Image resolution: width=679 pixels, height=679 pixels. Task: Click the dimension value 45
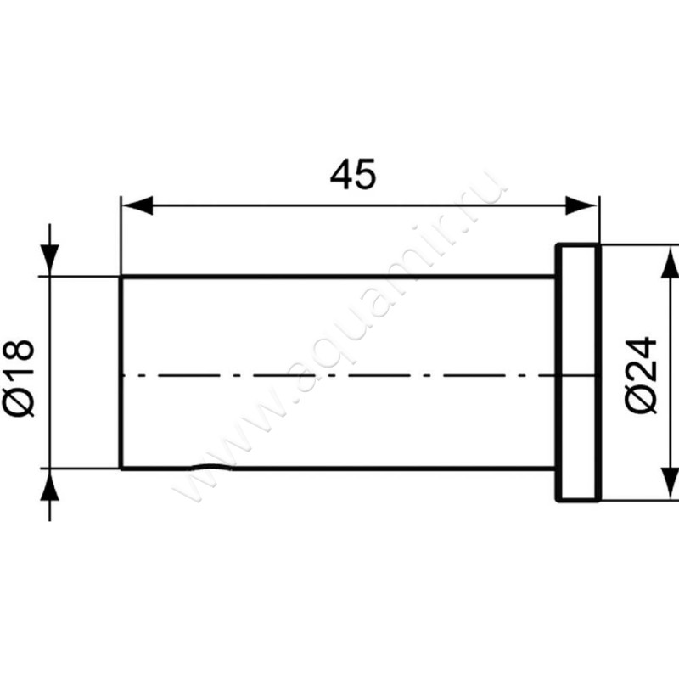point(352,176)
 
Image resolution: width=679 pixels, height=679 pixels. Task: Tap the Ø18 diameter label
point(20,378)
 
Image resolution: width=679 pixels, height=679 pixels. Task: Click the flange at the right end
point(578,373)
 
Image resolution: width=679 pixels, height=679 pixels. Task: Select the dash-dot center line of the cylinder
point(339,374)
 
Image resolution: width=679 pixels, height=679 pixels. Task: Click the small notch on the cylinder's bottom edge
point(212,469)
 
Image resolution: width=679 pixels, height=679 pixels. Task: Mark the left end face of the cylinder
point(121,373)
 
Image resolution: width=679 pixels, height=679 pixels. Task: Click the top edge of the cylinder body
point(339,277)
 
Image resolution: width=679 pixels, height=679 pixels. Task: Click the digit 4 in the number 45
point(341,176)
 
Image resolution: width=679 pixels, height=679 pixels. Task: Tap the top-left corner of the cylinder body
point(121,277)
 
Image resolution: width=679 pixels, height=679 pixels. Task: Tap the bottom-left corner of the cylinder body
point(121,468)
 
